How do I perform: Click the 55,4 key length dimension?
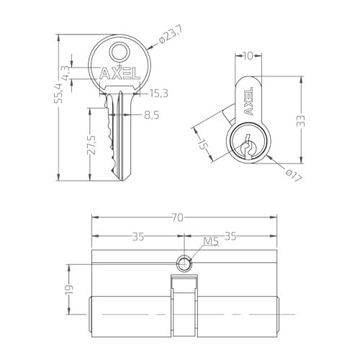(x=59, y=93)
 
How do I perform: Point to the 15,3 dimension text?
(x=158, y=94)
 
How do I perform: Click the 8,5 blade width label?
(x=152, y=115)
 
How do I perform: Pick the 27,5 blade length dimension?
(x=91, y=145)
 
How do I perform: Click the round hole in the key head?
(x=120, y=52)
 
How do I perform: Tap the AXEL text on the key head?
(x=120, y=73)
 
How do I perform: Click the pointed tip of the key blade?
(x=122, y=181)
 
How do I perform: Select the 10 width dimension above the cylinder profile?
(x=248, y=56)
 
